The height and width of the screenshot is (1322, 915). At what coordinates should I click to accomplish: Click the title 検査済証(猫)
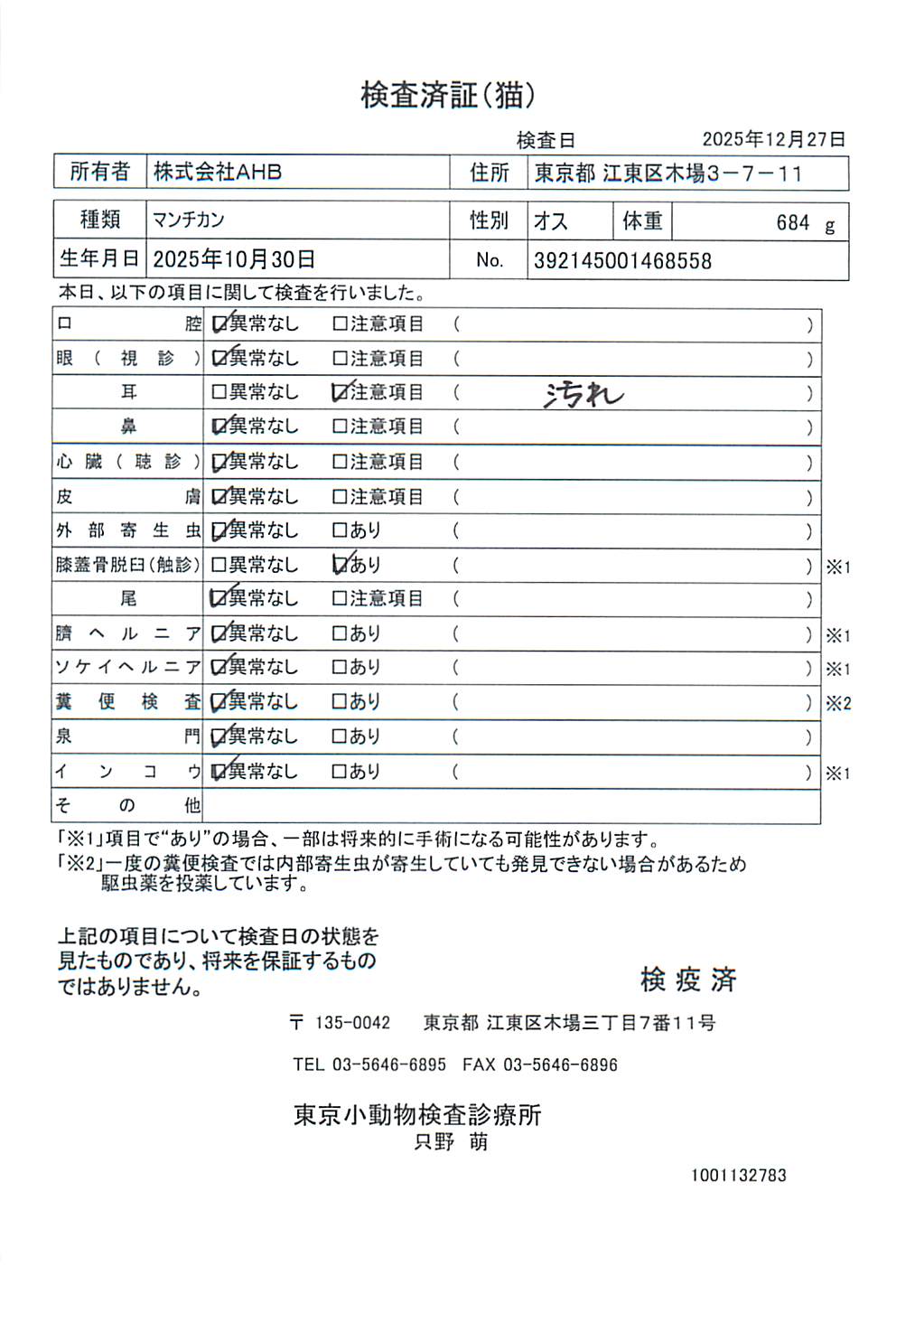pos(448,95)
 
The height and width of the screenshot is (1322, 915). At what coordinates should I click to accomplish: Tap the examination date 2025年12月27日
pos(773,139)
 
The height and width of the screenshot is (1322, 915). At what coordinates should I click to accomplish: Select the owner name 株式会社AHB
pos(218,172)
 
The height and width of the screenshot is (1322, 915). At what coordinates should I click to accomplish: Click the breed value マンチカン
pos(189,220)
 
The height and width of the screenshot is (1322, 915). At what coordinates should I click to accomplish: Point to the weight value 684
pos(792,223)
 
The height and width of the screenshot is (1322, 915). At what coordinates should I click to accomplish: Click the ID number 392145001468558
pos(622,261)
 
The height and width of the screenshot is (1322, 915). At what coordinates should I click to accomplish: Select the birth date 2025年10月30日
pos(234,260)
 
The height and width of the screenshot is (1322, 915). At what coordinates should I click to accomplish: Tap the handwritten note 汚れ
pos(584,394)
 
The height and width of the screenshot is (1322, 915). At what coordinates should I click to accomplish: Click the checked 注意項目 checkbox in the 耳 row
pos(341,392)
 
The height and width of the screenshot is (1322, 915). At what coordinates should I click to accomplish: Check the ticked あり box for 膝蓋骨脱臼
pos(341,565)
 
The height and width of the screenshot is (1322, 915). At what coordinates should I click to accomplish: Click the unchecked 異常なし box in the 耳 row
pos(219,392)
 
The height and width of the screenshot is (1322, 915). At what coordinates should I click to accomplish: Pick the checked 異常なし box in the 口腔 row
pos(219,323)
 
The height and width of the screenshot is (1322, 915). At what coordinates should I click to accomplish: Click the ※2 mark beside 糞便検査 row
pos(837,703)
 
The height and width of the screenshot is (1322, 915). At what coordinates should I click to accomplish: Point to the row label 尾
pos(128,598)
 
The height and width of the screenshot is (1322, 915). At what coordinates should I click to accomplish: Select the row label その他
pos(127,805)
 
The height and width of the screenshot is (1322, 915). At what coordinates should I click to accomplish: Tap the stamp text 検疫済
pos(688,979)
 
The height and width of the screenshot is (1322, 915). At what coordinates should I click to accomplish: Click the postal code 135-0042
pos(352,1023)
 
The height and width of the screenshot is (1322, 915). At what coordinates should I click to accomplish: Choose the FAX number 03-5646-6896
pos(560,1064)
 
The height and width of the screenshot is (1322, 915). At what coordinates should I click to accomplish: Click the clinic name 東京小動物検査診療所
pos(417,1114)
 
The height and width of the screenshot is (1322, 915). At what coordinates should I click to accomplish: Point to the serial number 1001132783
pos(738,1175)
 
